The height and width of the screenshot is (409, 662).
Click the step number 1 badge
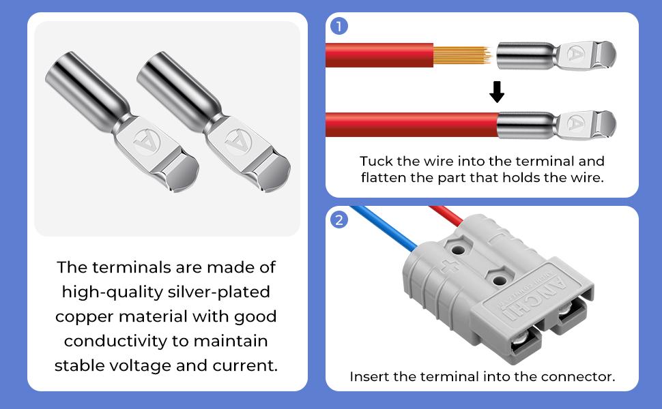click(339, 26)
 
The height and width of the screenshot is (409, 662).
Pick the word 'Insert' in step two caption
click(369, 376)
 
